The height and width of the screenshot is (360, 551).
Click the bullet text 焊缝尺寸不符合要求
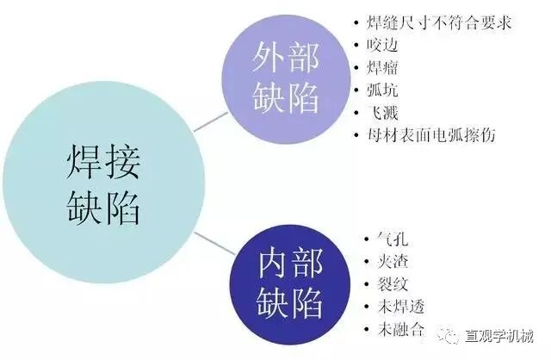[x=439, y=22]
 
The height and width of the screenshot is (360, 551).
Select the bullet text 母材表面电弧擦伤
[x=431, y=134]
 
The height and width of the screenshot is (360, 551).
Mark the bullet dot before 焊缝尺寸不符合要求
[x=357, y=22]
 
